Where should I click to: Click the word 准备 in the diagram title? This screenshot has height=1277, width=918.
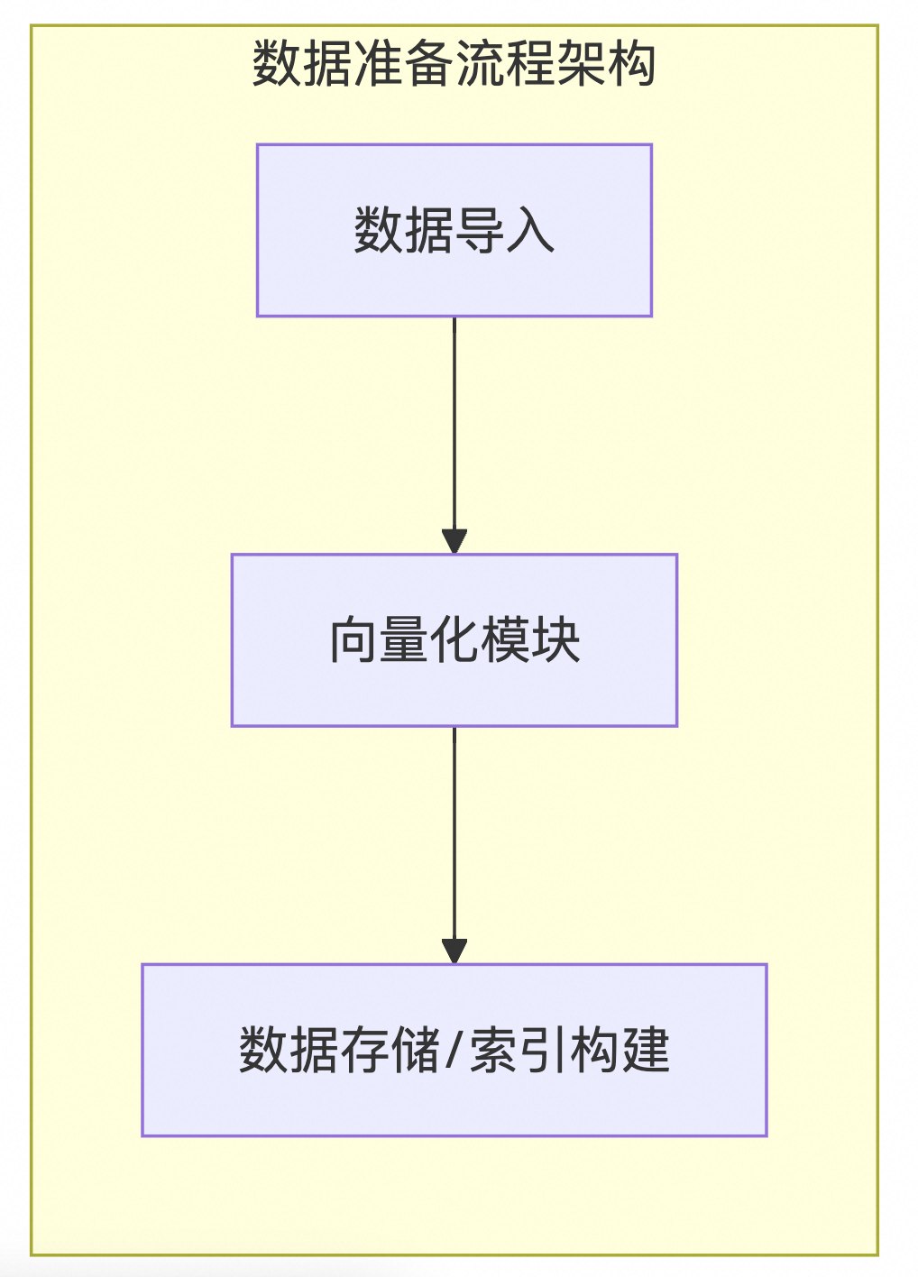click(x=403, y=64)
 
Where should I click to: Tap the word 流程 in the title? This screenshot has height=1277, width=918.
click(x=504, y=64)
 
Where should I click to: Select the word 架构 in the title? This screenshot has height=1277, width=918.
click(x=605, y=64)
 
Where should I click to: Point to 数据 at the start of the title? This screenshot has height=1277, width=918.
click(x=302, y=64)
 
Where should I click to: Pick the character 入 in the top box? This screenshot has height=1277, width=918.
click(x=530, y=231)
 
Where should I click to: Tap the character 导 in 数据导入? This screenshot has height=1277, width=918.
click(x=480, y=231)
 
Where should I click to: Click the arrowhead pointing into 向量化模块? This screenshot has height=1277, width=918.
click(x=454, y=541)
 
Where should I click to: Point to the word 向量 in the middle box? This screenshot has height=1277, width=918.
click(x=379, y=640)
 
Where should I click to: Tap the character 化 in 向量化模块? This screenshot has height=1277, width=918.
click(x=454, y=640)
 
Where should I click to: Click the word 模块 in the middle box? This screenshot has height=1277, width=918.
click(x=530, y=640)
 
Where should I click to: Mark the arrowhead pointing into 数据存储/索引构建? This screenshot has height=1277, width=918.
click(x=454, y=951)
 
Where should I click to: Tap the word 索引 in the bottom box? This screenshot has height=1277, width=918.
click(x=518, y=1051)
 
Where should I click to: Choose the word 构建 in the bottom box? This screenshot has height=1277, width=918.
click(x=620, y=1051)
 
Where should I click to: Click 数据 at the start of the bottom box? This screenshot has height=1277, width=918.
click(x=289, y=1051)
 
